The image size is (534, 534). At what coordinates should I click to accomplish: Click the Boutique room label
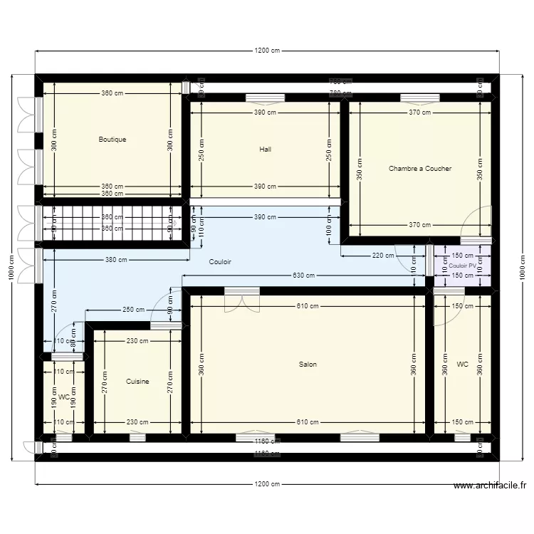112,140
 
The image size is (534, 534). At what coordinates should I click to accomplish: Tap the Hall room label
266,150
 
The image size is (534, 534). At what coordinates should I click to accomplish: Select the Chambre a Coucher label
420,169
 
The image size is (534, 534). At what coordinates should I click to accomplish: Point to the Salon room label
308,365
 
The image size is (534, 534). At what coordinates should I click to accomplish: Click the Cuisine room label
137,382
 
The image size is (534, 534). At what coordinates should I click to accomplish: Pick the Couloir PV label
462,266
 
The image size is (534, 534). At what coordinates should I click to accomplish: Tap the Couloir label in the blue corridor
220,262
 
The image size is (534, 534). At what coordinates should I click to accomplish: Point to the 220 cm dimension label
382,256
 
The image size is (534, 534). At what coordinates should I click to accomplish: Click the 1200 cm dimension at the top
267,51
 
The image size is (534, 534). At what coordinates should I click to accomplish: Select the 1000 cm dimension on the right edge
522,267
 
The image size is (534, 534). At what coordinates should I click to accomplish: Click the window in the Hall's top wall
266,98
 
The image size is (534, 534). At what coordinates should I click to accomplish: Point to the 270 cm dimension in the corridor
54,306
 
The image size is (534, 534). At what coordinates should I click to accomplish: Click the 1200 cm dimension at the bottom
267,484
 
